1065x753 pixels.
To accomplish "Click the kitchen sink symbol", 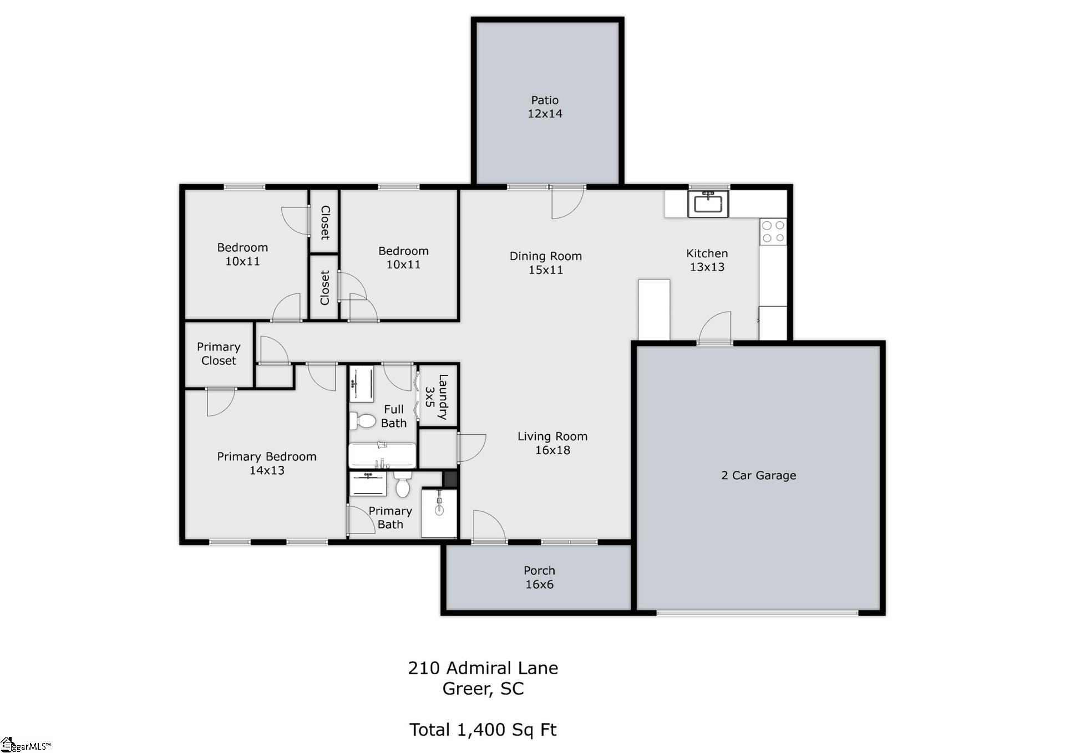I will [x=708, y=203].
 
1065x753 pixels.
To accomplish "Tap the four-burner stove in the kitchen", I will [x=773, y=232].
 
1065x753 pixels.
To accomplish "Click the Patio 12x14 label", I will [x=545, y=107].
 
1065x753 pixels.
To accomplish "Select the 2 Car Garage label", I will [x=758, y=475].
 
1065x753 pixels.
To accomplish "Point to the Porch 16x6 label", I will [x=539, y=577].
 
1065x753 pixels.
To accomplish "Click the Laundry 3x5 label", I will [x=437, y=397].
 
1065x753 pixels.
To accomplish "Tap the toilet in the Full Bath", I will [x=363, y=421].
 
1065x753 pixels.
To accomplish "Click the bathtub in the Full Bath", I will [x=382, y=456].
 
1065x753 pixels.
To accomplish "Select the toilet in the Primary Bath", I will [x=403, y=486].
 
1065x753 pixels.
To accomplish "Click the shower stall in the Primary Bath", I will [x=439, y=513].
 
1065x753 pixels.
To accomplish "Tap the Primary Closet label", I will [x=219, y=354].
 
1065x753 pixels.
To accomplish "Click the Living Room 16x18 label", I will [x=552, y=443].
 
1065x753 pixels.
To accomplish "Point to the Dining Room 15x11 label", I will [x=545, y=263].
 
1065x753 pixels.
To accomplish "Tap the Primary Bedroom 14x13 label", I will [x=267, y=463].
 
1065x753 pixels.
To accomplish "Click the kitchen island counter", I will [x=654, y=309].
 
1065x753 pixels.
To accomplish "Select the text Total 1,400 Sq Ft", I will [x=483, y=730].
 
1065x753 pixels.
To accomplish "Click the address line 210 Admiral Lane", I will [x=483, y=668].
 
